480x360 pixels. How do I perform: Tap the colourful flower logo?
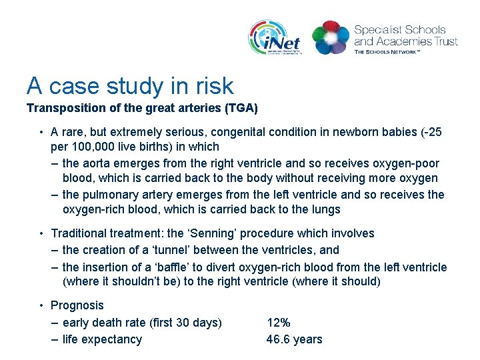click(x=330, y=37)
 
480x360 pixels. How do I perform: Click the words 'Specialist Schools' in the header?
click(x=400, y=30)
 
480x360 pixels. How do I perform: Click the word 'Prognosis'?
click(x=77, y=305)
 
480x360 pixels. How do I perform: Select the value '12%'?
click(x=279, y=323)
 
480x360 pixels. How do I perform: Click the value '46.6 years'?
click(x=294, y=339)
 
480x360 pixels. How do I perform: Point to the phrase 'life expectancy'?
click(x=102, y=339)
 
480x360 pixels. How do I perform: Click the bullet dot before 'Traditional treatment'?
click(x=41, y=233)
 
